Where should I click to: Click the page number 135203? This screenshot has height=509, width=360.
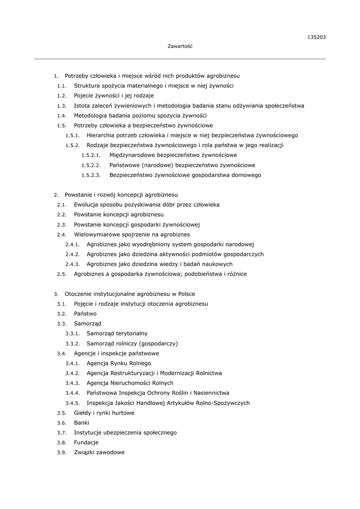tap(317, 37)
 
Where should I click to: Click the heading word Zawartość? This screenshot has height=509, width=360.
tap(180, 46)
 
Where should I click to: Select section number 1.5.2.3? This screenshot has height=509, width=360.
tap(91, 175)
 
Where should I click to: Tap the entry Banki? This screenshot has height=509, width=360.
tap(82, 423)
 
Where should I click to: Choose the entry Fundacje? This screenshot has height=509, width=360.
tap(86, 442)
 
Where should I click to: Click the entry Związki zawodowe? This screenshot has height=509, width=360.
tap(99, 452)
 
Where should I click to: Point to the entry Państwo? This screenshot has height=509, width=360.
tap(85, 314)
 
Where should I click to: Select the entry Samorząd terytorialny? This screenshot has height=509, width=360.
tap(117, 334)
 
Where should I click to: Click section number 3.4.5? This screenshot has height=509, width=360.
tap(73, 403)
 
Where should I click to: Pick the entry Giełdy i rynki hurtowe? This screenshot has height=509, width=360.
tap(104, 413)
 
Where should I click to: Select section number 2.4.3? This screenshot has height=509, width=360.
tap(73, 264)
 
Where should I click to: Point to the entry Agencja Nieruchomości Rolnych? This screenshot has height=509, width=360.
tap(130, 383)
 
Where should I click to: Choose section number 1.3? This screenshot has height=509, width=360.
tap(62, 106)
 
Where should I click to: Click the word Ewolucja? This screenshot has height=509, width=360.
tap(86, 204)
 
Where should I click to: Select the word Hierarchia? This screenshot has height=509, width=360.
tap(102, 135)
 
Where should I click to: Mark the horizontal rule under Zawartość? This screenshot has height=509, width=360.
tap(180, 59)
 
